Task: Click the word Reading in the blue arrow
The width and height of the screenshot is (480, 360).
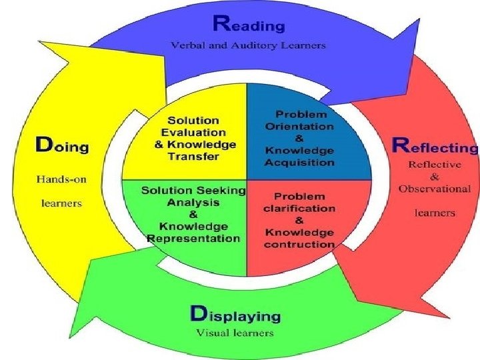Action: pyautogui.click(x=249, y=24)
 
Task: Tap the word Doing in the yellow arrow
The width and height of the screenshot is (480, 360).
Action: pyautogui.click(x=62, y=145)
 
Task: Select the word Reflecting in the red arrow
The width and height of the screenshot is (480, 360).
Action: pyautogui.click(x=435, y=145)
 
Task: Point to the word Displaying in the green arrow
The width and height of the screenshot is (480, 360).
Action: pyautogui.click(x=235, y=315)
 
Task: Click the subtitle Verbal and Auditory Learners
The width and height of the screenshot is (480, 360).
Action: pyautogui.click(x=248, y=45)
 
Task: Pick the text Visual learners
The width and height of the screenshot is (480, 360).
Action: pyautogui.click(x=235, y=333)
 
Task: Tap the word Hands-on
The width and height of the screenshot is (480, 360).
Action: pyautogui.click(x=61, y=179)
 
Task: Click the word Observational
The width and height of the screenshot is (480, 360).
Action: pyautogui.click(x=435, y=189)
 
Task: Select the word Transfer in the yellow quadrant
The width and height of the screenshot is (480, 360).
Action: pyautogui.click(x=193, y=157)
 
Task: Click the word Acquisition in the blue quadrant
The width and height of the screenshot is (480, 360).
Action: pyautogui.click(x=299, y=162)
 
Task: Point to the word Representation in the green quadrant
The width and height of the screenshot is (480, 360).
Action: pyautogui.click(x=193, y=238)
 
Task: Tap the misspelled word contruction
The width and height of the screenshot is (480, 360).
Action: pyautogui.click(x=299, y=244)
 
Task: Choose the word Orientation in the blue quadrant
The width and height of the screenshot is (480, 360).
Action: pyautogui.click(x=299, y=127)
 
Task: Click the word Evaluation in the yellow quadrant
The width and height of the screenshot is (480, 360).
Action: pyautogui.click(x=193, y=133)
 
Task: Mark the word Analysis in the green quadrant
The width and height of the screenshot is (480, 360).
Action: pyautogui.click(x=193, y=203)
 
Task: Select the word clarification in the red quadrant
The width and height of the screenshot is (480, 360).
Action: pyautogui.click(x=299, y=209)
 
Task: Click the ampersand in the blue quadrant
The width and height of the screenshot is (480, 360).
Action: pyautogui.click(x=299, y=139)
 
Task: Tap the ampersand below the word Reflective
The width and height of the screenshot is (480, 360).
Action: pyautogui.click(x=435, y=177)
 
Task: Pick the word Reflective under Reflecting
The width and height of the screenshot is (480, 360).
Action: pyautogui.click(x=435, y=165)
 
